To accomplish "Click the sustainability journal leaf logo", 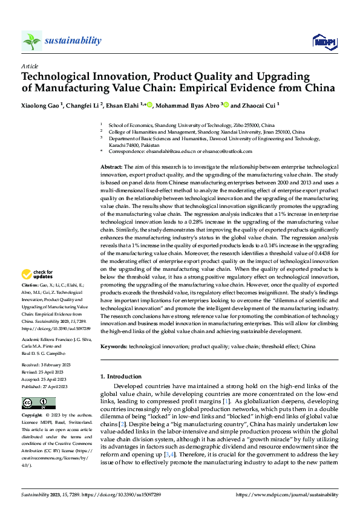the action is point(31,41).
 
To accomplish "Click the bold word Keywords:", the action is point(114,348).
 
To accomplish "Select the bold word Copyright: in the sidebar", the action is point(32,417).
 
